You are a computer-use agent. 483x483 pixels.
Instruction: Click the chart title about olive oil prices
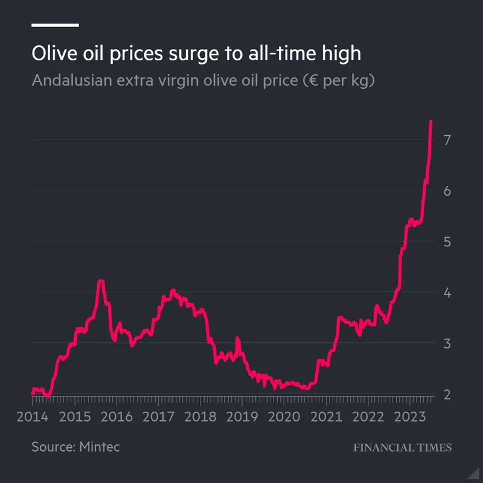coord(196,53)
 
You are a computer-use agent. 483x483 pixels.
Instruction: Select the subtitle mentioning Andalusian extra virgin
coord(203,80)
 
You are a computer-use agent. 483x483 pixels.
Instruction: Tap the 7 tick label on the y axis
coord(447,140)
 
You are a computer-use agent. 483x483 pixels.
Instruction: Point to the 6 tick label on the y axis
coord(447,191)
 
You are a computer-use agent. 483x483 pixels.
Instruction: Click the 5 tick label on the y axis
coord(447,241)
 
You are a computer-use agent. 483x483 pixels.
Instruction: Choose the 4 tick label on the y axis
coord(447,293)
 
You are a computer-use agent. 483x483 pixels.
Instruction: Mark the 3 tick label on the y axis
coord(447,344)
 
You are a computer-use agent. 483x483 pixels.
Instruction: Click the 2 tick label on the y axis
coord(447,394)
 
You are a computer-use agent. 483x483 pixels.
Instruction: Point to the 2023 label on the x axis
coord(409,417)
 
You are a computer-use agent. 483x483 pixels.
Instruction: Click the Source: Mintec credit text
coord(75,447)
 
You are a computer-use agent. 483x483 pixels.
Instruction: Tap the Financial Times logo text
coord(402,447)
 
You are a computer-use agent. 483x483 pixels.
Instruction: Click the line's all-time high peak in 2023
coord(431,123)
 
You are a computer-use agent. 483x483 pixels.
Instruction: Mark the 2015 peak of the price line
coord(101,281)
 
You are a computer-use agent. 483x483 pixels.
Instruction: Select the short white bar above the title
coord(55,25)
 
